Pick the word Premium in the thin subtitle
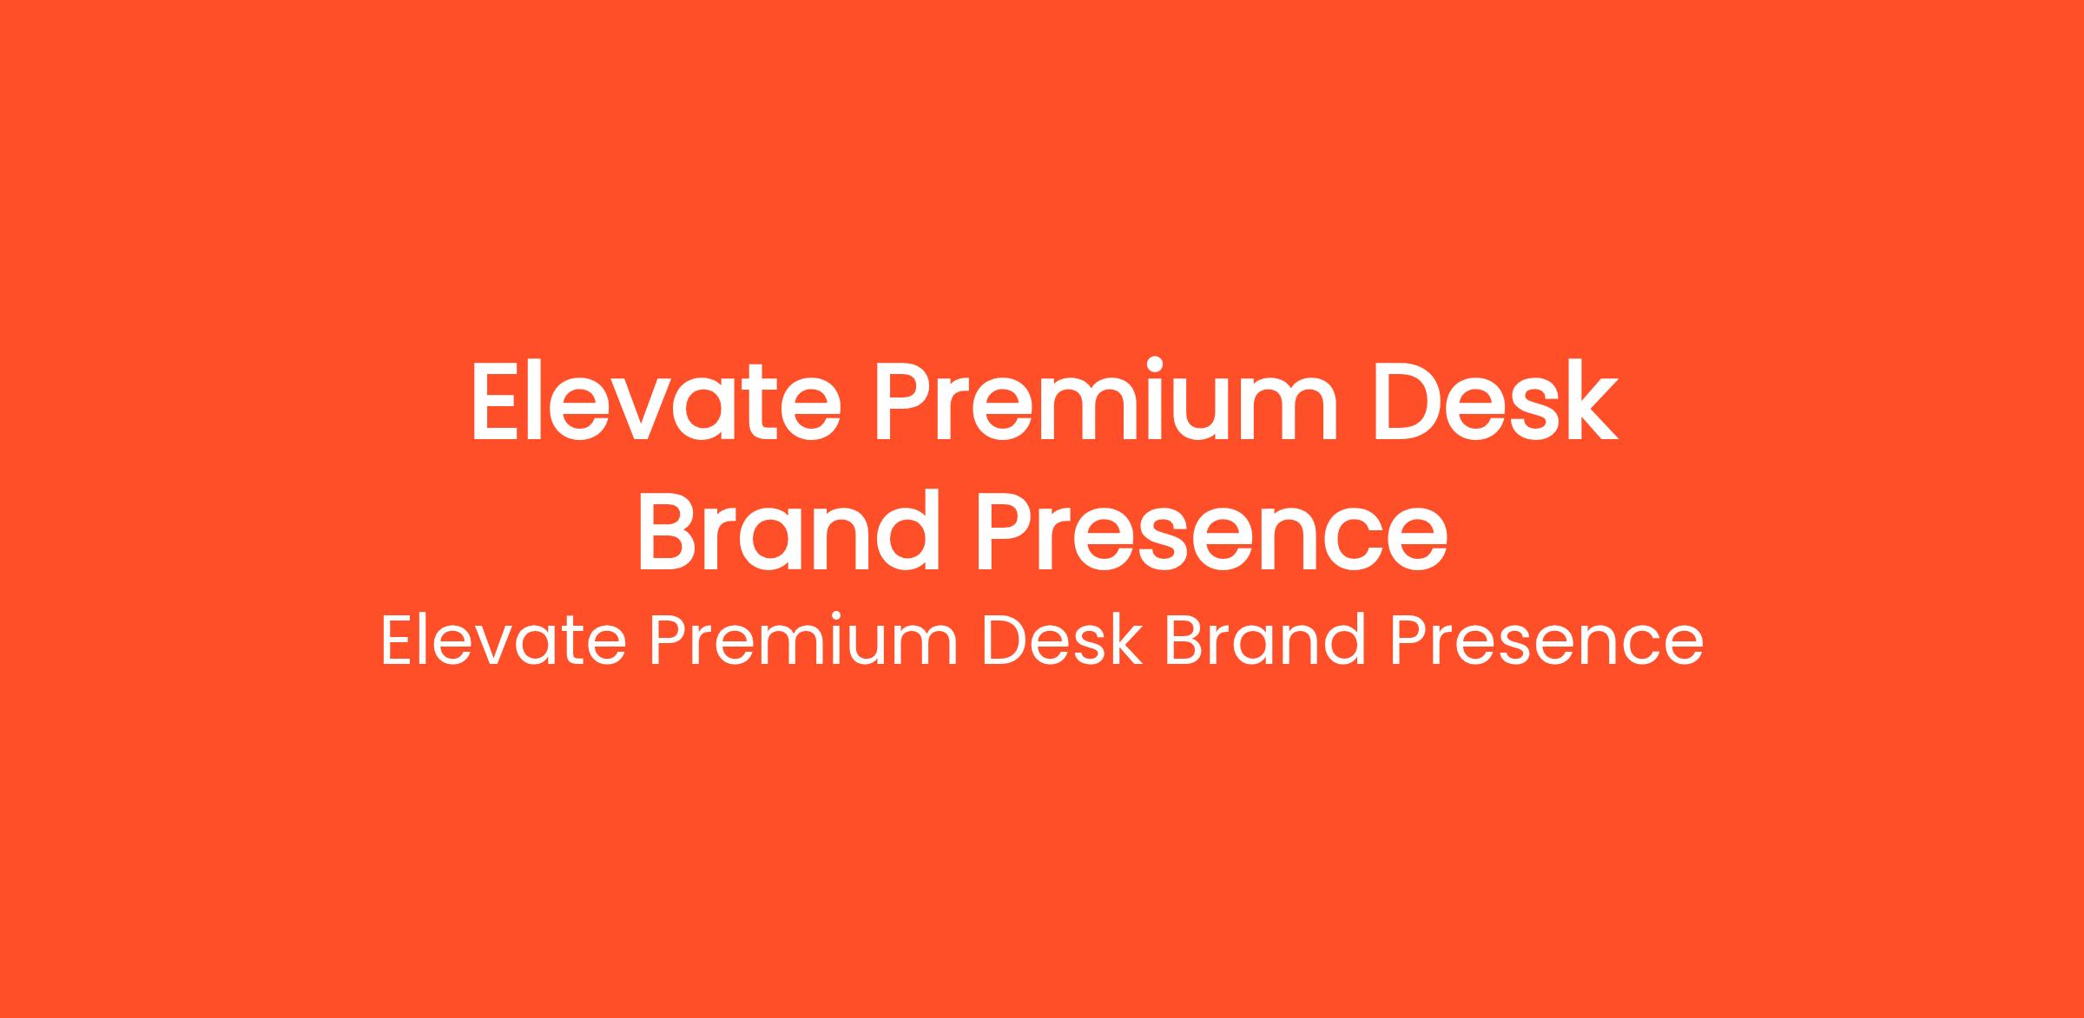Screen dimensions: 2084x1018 point(804,641)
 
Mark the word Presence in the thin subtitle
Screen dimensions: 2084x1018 point(1547,641)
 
